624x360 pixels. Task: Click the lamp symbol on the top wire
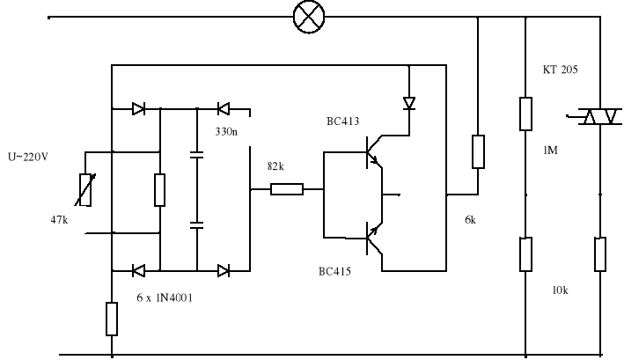pos(309,17)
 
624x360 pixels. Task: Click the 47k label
pos(60,219)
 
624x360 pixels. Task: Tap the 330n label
pos(231,132)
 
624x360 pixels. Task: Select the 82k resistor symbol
pos(287,188)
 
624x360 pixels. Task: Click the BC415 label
pos(334,272)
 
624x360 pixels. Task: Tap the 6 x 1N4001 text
pos(165,298)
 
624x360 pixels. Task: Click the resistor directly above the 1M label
pos(525,114)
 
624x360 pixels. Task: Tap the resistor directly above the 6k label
pos(478,151)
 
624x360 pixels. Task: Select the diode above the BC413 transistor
pos(408,103)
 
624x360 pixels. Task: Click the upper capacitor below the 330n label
pos(197,155)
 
